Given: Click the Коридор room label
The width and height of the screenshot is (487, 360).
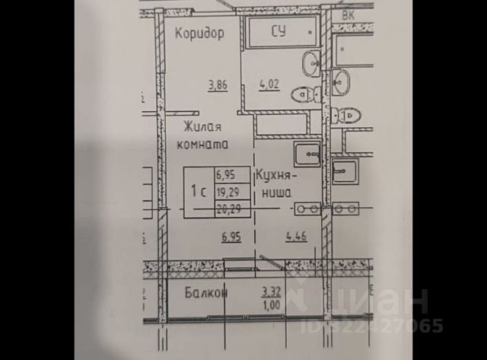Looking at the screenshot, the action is tap(199, 33).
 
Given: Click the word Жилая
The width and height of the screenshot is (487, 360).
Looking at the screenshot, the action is tap(202, 129).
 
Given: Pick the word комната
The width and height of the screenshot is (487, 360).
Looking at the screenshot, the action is tap(203, 144).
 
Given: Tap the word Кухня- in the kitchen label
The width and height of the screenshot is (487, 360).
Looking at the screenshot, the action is tap(279, 175).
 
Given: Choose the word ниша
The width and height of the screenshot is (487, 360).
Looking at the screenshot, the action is tap(277, 193).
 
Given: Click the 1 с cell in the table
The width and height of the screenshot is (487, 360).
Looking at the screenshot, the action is tap(199, 192).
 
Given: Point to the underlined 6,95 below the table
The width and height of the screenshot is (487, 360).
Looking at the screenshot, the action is tap(232, 237).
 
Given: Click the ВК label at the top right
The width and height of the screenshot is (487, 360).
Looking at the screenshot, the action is tap(349, 15).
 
